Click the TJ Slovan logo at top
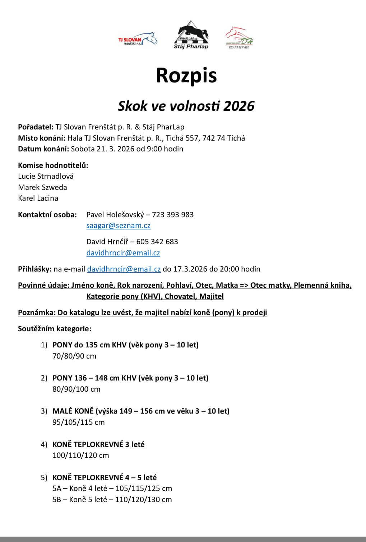coord(138,38)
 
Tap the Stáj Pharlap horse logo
coord(191,35)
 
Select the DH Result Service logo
coord(239,37)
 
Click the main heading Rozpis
coord(186,75)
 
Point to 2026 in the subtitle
coord(239,106)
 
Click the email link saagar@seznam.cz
coord(118,226)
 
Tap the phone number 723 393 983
coord(173,215)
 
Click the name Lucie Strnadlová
coord(46,176)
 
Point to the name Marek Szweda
coord(42,187)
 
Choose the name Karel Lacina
coord(38,198)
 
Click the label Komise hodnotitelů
coord(53,165)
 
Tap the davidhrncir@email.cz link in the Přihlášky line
coord(124,269)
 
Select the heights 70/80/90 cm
coord(74,356)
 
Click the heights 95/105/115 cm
coord(78,422)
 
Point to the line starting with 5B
coord(112,499)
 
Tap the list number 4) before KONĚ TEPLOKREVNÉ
coord(44,445)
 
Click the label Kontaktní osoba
coord(47,215)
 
